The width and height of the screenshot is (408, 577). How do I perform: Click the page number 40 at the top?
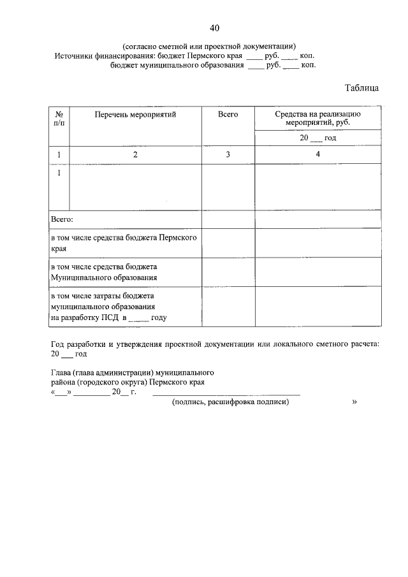pyautogui.click(x=214, y=27)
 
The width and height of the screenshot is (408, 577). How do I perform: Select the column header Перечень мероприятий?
pyautogui.click(x=135, y=114)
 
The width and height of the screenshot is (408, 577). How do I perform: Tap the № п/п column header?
pyautogui.click(x=59, y=118)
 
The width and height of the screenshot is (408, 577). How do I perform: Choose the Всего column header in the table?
pyautogui.click(x=228, y=114)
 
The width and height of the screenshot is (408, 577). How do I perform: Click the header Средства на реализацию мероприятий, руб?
pyautogui.click(x=318, y=118)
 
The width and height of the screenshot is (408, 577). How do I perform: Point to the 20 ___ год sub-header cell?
pyautogui.click(x=318, y=138)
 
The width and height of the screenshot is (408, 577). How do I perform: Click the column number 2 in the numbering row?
pyautogui.click(x=135, y=155)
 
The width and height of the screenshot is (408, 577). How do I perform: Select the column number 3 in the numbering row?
pyautogui.click(x=228, y=155)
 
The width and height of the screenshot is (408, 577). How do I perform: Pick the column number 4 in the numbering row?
pyautogui.click(x=318, y=155)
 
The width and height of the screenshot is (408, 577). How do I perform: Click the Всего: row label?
pyautogui.click(x=62, y=219)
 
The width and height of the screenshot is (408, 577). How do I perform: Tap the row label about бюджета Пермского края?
pyautogui.click(x=124, y=243)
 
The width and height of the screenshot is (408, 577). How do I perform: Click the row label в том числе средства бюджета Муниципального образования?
pyautogui.click(x=104, y=272)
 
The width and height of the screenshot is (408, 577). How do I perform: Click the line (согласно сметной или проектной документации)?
pyautogui.click(x=209, y=46)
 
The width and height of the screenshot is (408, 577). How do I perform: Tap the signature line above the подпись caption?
pyautogui.click(x=226, y=395)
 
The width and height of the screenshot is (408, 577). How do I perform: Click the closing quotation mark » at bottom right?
pyautogui.click(x=354, y=402)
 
